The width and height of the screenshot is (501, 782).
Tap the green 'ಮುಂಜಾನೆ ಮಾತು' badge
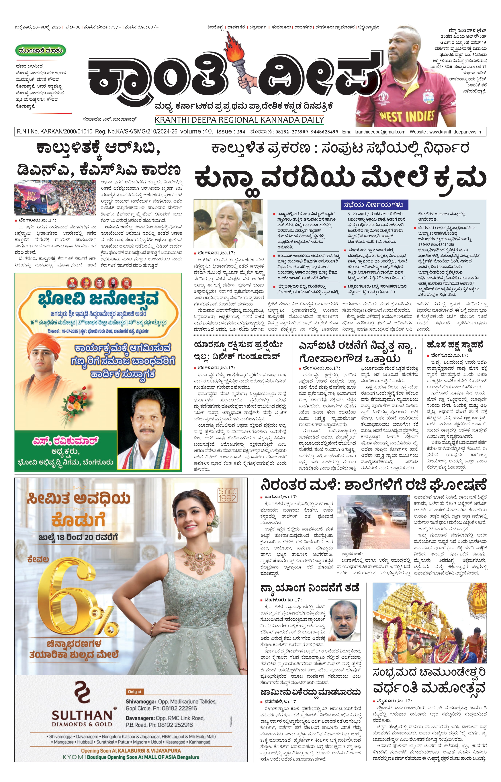[x=41, y=51]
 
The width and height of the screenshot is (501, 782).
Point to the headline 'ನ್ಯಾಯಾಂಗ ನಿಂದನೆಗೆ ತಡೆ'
[x=310, y=588]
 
